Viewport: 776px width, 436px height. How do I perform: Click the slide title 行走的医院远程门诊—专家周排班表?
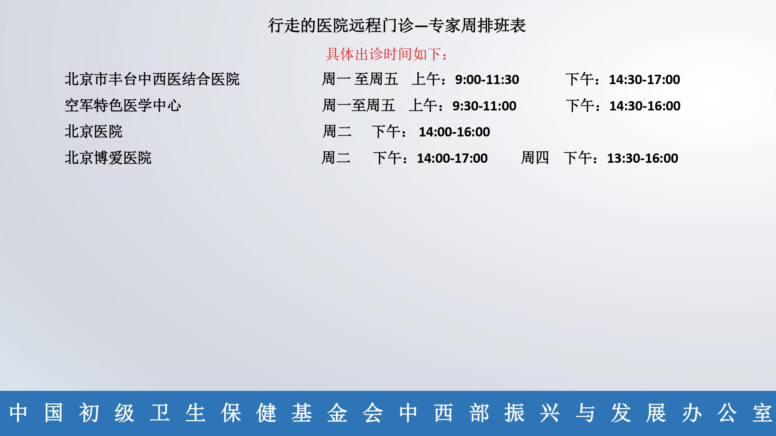(397, 26)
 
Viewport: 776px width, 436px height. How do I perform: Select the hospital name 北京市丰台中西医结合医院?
(152, 79)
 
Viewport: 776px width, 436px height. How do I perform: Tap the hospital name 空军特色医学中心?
(123, 105)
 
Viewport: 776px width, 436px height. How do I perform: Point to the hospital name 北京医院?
(94, 131)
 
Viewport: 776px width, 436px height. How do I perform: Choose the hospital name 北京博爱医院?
(108, 158)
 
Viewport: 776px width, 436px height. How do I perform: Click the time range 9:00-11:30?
(487, 79)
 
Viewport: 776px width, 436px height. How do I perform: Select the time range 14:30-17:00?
(644, 79)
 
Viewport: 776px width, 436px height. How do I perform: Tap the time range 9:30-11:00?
(484, 106)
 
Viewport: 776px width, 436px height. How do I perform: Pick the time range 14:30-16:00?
(645, 106)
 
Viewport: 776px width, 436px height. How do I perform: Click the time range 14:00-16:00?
(454, 132)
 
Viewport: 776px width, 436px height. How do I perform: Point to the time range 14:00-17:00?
(452, 158)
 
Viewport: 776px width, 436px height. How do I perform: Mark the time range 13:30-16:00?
(643, 158)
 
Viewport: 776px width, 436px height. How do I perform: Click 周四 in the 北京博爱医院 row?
(535, 158)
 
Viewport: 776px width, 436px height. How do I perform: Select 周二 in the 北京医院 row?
(337, 131)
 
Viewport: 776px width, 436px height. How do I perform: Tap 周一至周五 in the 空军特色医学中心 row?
(359, 105)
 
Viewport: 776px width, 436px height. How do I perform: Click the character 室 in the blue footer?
(762, 413)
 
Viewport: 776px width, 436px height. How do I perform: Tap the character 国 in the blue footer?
(54, 413)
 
